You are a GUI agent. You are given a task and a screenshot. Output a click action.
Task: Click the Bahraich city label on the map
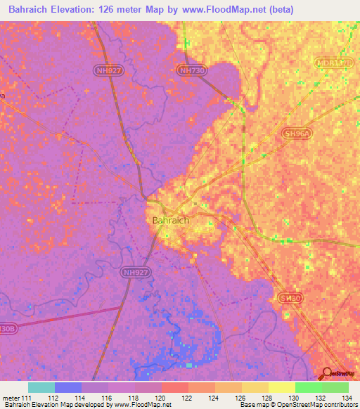click(171, 220)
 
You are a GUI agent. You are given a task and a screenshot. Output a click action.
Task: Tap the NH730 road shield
click(191, 71)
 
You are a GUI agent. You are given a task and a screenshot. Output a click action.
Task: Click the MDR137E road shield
click(333, 63)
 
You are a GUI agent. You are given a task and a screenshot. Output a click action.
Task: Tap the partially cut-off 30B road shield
click(7, 327)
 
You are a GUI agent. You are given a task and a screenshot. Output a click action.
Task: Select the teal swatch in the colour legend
click(41, 387)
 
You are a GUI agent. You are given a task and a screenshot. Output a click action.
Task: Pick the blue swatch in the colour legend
click(67, 387)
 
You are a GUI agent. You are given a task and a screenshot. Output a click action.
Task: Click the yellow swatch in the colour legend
click(281, 387)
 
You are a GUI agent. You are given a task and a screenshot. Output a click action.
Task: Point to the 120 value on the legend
click(161, 397)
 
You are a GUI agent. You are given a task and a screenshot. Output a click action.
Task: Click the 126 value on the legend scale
click(241, 397)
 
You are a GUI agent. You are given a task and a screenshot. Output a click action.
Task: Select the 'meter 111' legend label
click(18, 397)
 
